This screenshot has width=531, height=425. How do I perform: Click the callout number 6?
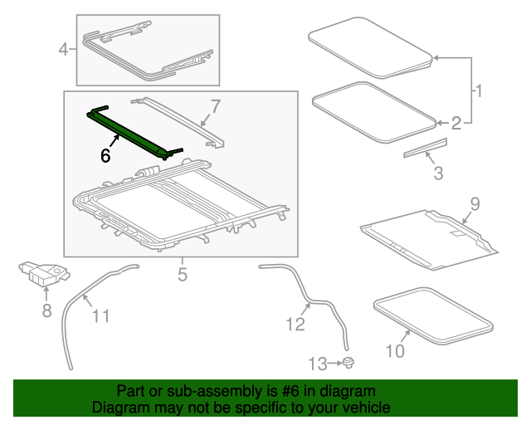105,155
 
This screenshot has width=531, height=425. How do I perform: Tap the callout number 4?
64,51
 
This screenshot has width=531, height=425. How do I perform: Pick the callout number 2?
455,124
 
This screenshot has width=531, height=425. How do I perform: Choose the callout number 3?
438,173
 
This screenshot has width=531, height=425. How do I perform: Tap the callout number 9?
475,203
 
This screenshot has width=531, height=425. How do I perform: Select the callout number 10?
395,351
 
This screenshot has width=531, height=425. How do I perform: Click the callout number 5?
182,271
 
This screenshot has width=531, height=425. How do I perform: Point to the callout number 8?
46,310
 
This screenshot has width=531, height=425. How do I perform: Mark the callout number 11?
100,315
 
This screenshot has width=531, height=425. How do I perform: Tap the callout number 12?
296,324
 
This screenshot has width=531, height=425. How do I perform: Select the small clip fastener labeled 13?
349,362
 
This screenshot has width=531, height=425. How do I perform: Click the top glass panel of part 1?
370,46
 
